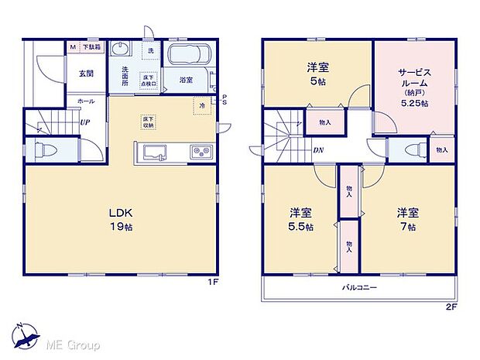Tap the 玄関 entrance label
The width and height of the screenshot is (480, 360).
point(85,74)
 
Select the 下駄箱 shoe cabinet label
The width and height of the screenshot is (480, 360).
point(91,47)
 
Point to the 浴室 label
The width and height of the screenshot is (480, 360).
point(186,80)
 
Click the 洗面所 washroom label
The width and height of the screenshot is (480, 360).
point(125,74)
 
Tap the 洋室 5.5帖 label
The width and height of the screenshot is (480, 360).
point(302,218)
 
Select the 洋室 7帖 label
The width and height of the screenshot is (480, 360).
point(408,218)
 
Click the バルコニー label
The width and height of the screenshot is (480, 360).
point(359,287)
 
